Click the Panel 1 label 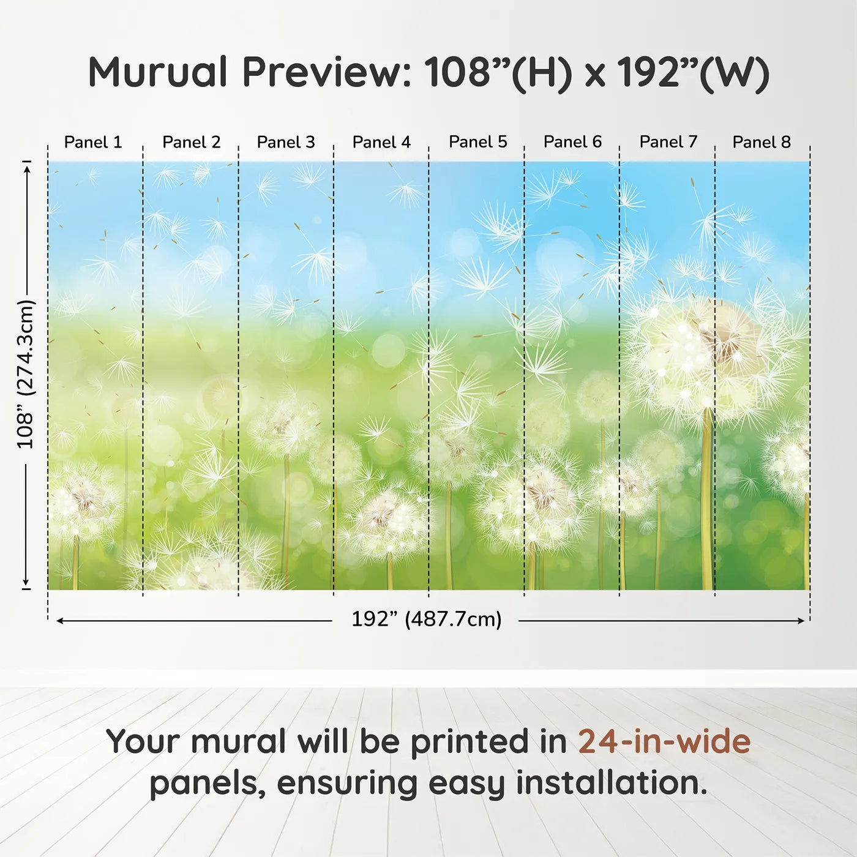click(x=93, y=142)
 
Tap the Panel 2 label click(x=191, y=142)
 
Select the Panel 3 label click(x=286, y=142)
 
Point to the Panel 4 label click(x=381, y=142)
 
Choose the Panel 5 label click(x=478, y=142)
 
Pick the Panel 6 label click(x=573, y=142)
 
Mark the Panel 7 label click(x=668, y=142)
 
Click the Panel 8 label click(x=762, y=142)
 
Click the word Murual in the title click(x=159, y=72)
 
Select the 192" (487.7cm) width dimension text click(x=427, y=619)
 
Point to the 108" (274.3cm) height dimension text click(x=25, y=374)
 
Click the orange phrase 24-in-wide click(x=664, y=741)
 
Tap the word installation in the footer click(x=611, y=782)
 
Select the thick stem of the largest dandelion click(x=707, y=498)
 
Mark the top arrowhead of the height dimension click(x=28, y=168)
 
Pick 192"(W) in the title click(x=693, y=73)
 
